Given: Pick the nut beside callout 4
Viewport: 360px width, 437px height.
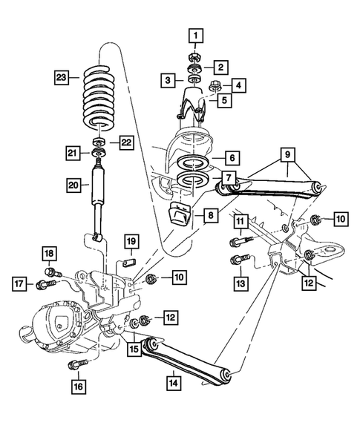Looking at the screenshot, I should [x=215, y=87].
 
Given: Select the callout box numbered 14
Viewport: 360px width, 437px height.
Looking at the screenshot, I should [x=173, y=383].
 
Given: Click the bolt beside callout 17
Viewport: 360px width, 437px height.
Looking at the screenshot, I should [x=49, y=283].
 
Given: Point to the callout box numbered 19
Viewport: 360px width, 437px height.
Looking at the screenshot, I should [x=130, y=241].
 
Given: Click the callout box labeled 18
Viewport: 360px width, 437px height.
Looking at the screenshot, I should [x=50, y=254].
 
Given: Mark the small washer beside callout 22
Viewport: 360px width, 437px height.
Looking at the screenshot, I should [x=97, y=141].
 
